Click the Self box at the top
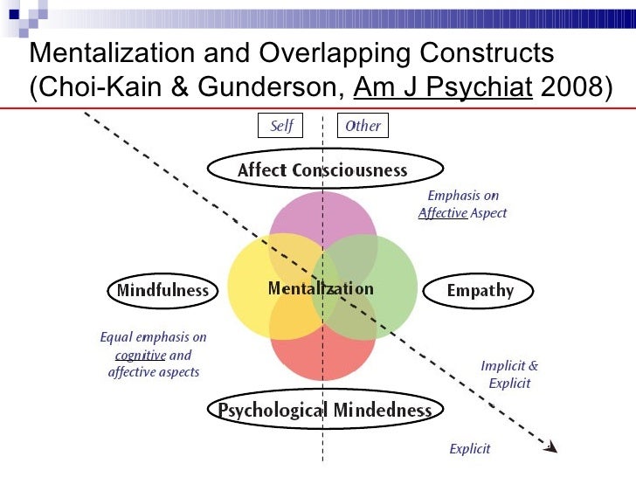click(280, 126)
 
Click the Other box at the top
click(363, 126)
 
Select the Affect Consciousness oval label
click(323, 170)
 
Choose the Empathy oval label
click(480, 291)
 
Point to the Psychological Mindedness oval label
click(324, 410)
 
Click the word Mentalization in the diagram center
click(320, 289)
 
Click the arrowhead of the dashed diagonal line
click(550, 446)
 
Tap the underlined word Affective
click(442, 213)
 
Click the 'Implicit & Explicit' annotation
click(509, 375)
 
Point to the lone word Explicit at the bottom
click(469, 449)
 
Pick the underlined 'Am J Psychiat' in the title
click(443, 87)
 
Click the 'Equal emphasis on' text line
click(153, 337)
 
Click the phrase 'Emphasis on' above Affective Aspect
click(462, 196)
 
